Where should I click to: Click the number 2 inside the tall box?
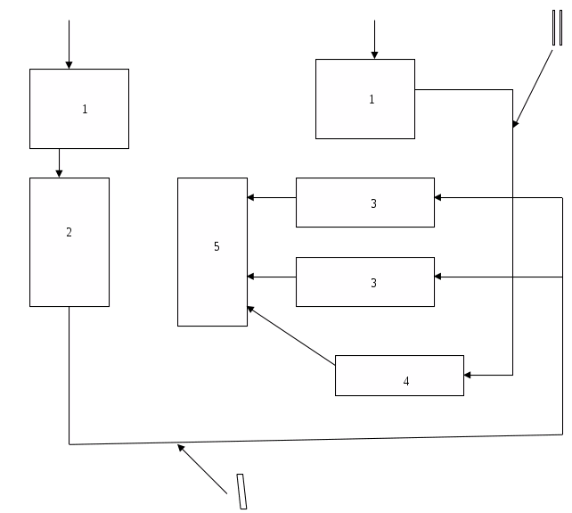[69, 233]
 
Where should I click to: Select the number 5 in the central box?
[217, 246]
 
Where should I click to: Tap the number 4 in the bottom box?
[406, 381]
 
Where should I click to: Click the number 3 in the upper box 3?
[373, 204]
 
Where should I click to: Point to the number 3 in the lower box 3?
[373, 283]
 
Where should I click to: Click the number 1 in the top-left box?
[86, 110]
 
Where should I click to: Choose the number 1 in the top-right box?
[372, 100]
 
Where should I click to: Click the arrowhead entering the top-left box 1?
[69, 64]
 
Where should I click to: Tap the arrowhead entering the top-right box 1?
[374, 54]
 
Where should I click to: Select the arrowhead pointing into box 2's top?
[59, 173]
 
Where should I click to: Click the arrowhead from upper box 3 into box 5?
[252, 198]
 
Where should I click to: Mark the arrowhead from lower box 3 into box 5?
[252, 277]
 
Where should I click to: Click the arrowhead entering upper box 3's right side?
[439, 198]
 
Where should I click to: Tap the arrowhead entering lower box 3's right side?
[439, 277]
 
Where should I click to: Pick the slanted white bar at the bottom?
[241, 492]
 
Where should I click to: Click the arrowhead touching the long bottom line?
[182, 448]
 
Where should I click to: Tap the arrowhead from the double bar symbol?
[516, 126]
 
